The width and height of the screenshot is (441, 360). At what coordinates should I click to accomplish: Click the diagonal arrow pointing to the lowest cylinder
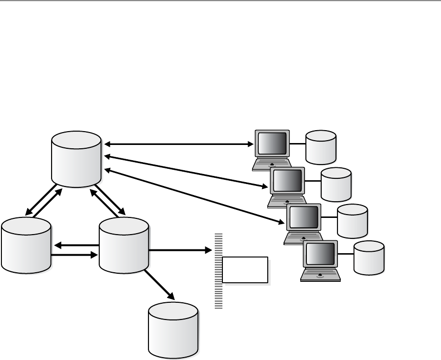coord(160,285)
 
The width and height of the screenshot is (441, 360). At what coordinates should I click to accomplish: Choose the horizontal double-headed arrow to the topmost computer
coord(179,143)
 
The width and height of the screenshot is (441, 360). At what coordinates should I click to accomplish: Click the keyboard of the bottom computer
coord(319,276)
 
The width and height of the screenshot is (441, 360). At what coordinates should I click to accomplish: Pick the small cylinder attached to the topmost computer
coord(321,146)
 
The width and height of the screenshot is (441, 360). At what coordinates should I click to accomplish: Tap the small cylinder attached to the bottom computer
coord(369,257)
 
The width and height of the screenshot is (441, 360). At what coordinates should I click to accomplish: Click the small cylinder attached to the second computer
coord(336,184)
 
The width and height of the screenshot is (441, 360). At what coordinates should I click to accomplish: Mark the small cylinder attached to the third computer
coord(352,221)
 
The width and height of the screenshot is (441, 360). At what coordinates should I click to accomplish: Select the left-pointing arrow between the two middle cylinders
coord(76,246)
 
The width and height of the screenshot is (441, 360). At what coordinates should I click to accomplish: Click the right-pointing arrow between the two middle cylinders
coord(74,255)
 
